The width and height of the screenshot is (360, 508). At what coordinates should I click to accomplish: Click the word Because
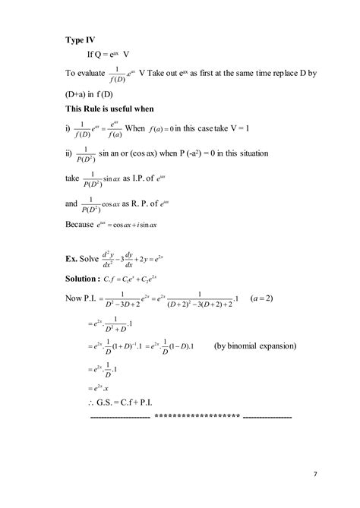pyautogui.click(x=83, y=225)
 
